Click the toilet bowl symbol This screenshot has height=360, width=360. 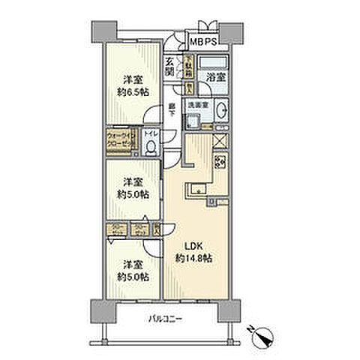click(151, 148)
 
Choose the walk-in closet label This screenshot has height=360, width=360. click(119, 140)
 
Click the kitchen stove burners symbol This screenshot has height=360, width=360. click(222, 161)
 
